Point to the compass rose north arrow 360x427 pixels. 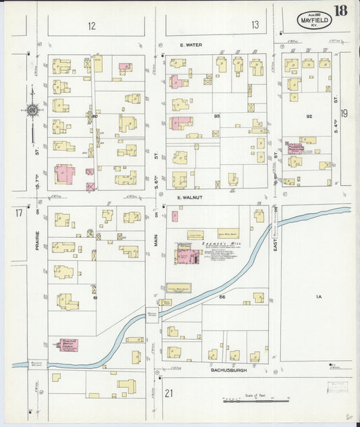coord(32,107)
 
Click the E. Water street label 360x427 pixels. coord(191,45)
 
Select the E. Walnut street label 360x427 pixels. coord(190,197)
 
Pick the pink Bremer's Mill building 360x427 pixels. coord(186,257)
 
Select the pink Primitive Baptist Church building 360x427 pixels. coord(69,345)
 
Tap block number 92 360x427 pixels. coord(309,116)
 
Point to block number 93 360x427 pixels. coord(217,117)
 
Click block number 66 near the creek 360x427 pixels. coord(221,297)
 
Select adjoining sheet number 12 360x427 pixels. coord(91,26)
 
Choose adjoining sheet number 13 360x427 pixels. coord(255,26)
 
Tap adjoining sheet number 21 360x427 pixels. coord(169,393)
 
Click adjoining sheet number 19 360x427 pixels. coord(344,114)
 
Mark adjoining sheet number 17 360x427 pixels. coord(19,214)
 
